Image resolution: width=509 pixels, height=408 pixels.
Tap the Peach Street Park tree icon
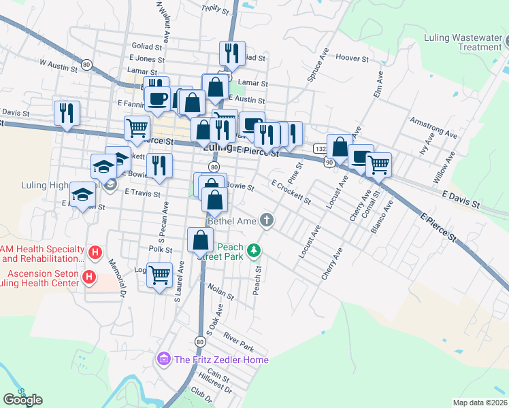[255, 251]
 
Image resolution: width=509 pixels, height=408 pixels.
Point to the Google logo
[22, 400]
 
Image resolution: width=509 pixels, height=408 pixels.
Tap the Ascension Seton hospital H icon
[88, 277]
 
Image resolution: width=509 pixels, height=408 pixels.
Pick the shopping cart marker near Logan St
[159, 275]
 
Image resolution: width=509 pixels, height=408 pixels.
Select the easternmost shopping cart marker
[378, 163]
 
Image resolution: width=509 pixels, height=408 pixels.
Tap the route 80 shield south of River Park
[199, 341]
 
